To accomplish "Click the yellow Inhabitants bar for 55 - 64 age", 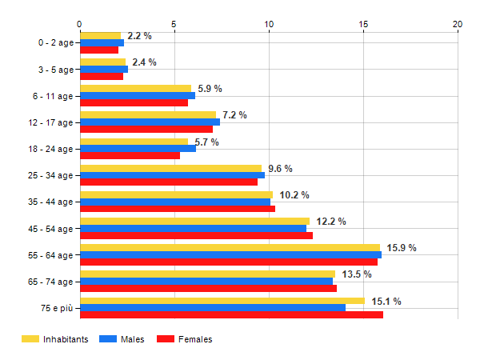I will tap(230, 248).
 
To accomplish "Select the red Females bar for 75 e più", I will tap(231, 314).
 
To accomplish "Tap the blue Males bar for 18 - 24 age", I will tap(138, 149).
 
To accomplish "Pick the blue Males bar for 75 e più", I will tap(213, 307).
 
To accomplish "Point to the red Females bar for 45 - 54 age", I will tap(196, 235).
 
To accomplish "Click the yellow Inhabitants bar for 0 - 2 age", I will tap(100, 36).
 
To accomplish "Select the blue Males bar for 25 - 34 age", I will tap(172, 175).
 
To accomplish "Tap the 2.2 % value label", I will tap(139, 36).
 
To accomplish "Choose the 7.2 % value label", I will tap(234, 115).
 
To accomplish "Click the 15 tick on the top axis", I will tap(363, 24).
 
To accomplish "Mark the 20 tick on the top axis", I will tap(458, 24).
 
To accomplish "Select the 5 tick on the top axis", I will tap(174, 24).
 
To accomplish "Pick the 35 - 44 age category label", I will tap(50, 202).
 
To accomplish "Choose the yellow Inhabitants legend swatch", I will tap(30, 339).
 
